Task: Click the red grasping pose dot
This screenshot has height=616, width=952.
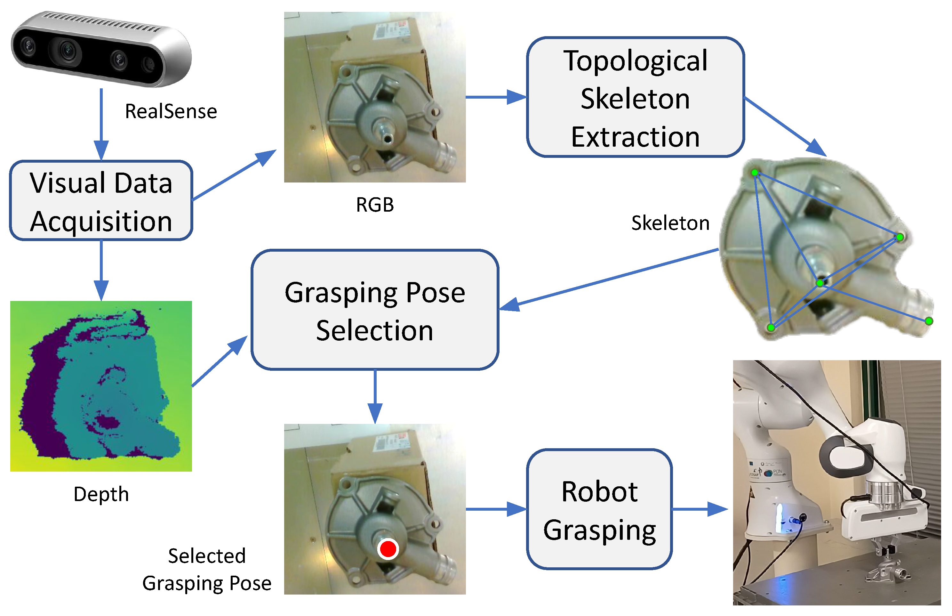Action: tap(387, 549)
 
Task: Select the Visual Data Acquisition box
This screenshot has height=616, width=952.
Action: tap(101, 200)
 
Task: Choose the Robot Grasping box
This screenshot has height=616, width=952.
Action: tap(599, 509)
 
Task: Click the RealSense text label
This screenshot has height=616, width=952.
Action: tap(171, 111)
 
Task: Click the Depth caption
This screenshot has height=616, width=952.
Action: tap(101, 494)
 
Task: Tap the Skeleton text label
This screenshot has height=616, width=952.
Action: tap(670, 223)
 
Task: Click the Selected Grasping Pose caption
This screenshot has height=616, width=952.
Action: tap(207, 569)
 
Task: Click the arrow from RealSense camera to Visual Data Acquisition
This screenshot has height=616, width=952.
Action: tap(101, 124)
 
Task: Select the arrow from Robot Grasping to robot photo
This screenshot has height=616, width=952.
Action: tap(700, 509)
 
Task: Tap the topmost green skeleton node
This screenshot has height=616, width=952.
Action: tap(754, 172)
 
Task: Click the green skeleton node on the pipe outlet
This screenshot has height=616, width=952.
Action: tap(929, 321)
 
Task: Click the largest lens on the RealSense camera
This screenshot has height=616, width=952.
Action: tap(67, 51)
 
